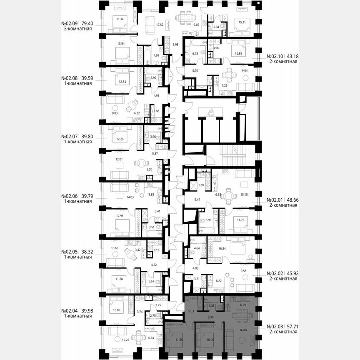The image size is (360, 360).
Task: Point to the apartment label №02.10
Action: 275,55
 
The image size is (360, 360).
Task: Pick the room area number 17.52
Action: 159,25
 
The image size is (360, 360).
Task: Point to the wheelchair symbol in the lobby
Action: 210,111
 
